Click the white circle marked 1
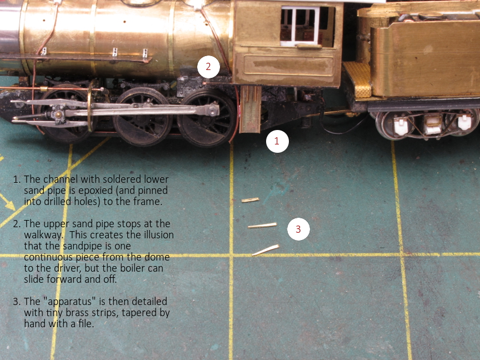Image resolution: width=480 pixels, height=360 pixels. [277, 141]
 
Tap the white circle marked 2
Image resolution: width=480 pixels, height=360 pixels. [208, 67]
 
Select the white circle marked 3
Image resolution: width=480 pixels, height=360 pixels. [298, 229]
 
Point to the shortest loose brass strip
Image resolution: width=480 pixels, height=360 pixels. [251, 200]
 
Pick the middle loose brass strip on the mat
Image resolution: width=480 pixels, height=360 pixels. [262, 226]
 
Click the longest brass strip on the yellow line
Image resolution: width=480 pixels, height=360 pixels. [266, 250]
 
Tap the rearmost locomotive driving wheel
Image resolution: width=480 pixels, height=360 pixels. [207, 118]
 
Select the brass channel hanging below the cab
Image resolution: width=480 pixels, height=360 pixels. [250, 109]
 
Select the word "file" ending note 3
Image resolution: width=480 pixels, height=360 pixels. [86, 323]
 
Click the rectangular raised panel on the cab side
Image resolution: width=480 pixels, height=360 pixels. [288, 65]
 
